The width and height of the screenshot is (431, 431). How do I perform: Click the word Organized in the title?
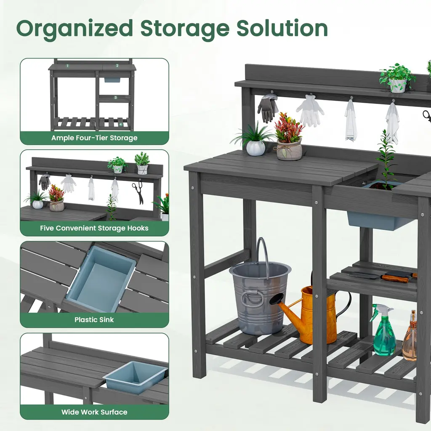pos(75,29)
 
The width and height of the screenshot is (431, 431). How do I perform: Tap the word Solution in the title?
pos(282,28)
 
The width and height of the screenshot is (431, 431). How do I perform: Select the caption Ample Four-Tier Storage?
pos(94,138)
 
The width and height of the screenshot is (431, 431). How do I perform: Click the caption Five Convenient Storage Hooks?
pos(94,228)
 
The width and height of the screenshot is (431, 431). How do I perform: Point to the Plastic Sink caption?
pos(94,320)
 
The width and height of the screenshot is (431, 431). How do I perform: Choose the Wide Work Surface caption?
pos(94,412)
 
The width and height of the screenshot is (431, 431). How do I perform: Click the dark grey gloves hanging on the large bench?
pos(267,108)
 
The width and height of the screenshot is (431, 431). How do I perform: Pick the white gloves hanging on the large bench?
pos(310,111)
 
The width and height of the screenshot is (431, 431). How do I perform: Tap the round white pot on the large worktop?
pos(255,148)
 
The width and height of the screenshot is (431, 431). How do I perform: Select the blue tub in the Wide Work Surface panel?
pos(136,377)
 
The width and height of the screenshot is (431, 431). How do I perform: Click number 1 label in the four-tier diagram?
pos(67,66)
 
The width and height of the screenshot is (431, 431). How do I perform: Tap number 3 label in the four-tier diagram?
pos(115,98)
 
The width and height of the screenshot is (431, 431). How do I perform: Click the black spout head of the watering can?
pos(277,298)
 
